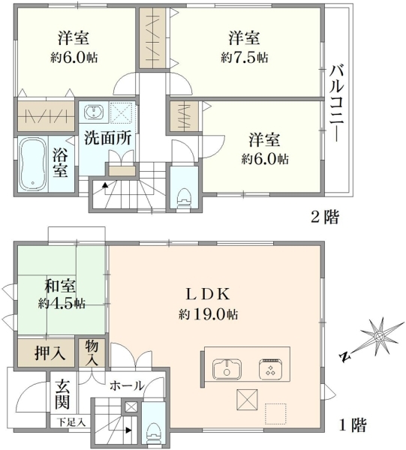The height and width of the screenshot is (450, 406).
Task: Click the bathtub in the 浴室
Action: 33,164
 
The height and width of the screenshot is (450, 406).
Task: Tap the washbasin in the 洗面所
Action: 94,112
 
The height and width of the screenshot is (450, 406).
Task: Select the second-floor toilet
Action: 184,198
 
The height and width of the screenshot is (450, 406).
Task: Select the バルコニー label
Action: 336,103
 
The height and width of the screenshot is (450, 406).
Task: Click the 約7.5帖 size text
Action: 245,58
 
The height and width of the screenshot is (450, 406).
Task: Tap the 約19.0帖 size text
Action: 208,314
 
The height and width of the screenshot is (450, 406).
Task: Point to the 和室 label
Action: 60,286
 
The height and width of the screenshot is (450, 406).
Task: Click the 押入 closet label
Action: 50,352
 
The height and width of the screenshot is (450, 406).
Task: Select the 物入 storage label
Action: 92,353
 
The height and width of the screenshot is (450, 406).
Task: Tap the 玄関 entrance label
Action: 62,394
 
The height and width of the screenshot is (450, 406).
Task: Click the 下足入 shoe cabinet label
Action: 71,422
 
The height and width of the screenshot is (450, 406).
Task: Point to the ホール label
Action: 127,385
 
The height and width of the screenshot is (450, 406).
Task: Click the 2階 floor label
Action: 325,217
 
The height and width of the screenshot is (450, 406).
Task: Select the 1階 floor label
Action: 353,425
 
